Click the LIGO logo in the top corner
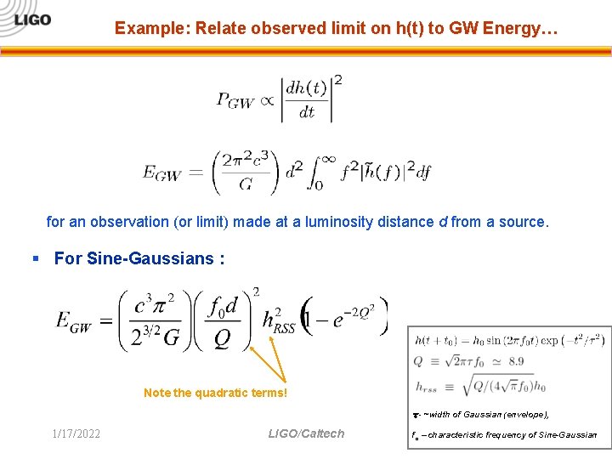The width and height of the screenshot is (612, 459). pos(32,19)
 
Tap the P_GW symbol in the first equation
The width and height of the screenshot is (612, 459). pos(235,100)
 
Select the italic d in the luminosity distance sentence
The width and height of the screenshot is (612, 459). pos(442,222)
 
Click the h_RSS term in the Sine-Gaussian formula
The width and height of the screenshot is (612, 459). pos(278,320)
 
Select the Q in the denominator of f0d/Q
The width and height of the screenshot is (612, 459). pos(222,339)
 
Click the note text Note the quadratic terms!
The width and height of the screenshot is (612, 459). pos(215,393)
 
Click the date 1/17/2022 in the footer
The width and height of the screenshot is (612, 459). pos(76,434)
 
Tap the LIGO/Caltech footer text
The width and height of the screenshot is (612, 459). pos(306,434)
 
